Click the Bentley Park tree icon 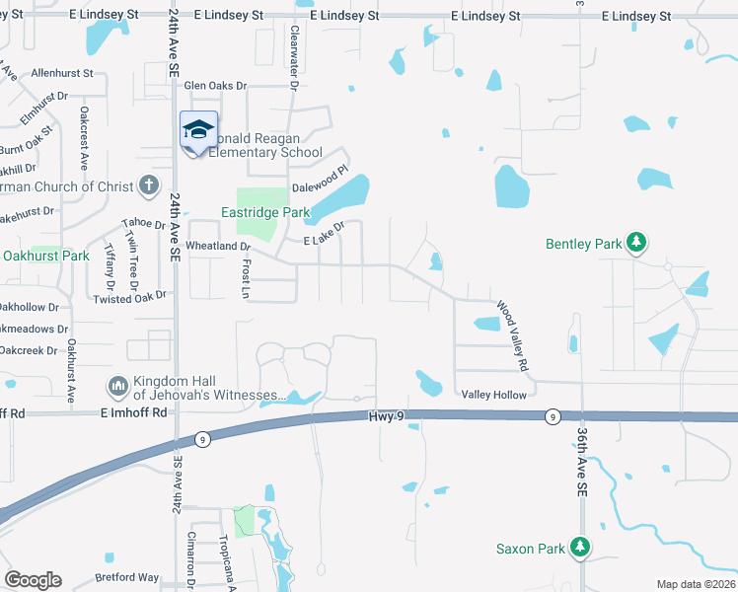636,243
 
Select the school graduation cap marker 198,129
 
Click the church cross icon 148,185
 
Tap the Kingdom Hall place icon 117,384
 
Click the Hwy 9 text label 387,417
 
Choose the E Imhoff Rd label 133,413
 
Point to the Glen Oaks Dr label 215,86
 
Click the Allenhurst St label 61,73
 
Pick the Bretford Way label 126,577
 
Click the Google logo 34,580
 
